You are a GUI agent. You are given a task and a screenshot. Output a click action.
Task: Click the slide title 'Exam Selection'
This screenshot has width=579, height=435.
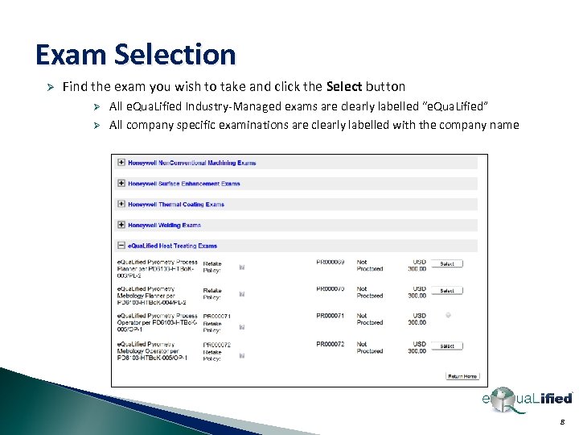135,55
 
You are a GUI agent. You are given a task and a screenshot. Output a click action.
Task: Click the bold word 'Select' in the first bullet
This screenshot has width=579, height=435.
344,86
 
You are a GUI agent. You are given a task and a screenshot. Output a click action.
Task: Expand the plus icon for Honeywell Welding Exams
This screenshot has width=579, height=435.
121,225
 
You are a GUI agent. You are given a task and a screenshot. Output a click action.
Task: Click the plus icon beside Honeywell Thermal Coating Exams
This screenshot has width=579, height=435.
121,204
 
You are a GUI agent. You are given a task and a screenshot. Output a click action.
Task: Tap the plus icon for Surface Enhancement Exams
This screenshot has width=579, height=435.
121,183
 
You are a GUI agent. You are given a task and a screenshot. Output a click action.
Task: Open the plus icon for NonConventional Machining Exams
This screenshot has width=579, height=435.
121,162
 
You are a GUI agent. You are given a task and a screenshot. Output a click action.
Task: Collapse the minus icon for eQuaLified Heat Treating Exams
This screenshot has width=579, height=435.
121,246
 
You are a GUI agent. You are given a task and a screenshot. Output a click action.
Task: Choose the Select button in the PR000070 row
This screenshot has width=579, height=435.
446,291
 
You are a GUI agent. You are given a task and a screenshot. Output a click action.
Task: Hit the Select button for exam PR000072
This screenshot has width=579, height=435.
446,346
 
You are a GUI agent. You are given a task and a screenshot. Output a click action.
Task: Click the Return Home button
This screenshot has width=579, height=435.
462,376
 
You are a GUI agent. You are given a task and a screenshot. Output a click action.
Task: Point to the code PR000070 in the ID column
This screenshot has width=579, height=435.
331,288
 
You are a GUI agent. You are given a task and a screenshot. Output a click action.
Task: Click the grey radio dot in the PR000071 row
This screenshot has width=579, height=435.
447,315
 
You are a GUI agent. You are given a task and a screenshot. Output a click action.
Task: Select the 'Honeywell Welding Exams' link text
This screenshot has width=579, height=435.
164,226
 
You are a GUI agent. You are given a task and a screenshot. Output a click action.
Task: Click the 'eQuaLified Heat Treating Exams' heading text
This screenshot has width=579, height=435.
172,246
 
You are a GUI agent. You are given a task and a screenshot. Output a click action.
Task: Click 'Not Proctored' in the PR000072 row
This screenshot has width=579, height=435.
370,347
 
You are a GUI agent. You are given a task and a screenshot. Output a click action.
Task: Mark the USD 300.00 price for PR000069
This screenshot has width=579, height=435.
418,265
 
